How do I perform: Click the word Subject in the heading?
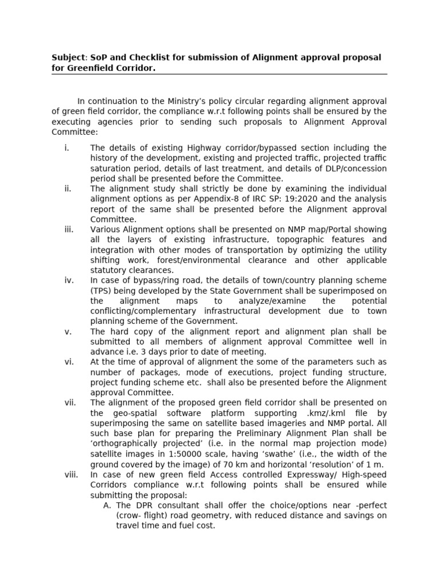[67, 58]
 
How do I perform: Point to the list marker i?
[67, 148]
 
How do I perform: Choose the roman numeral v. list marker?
[67, 331]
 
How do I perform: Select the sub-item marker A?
[107, 506]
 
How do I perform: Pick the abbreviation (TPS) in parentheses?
[103, 290]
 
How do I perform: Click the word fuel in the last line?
[188, 526]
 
